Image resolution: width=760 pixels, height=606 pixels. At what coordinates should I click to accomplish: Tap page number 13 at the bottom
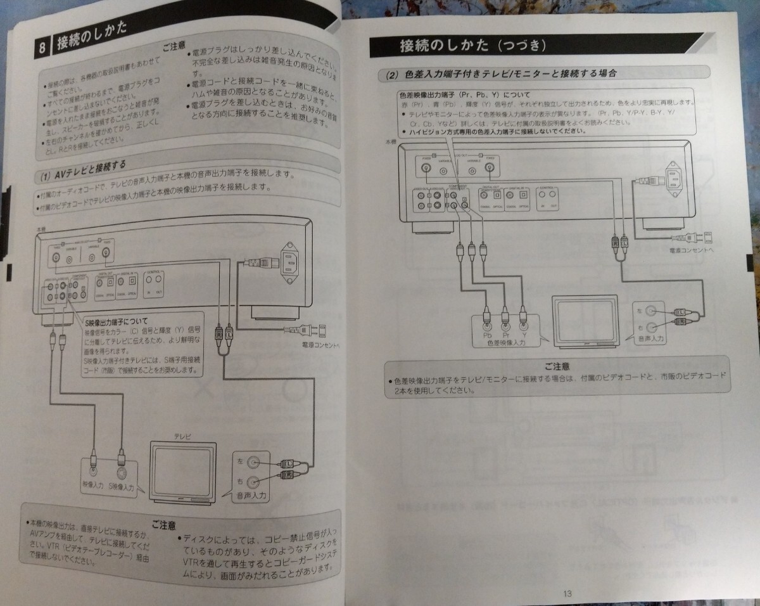click(x=566, y=593)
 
